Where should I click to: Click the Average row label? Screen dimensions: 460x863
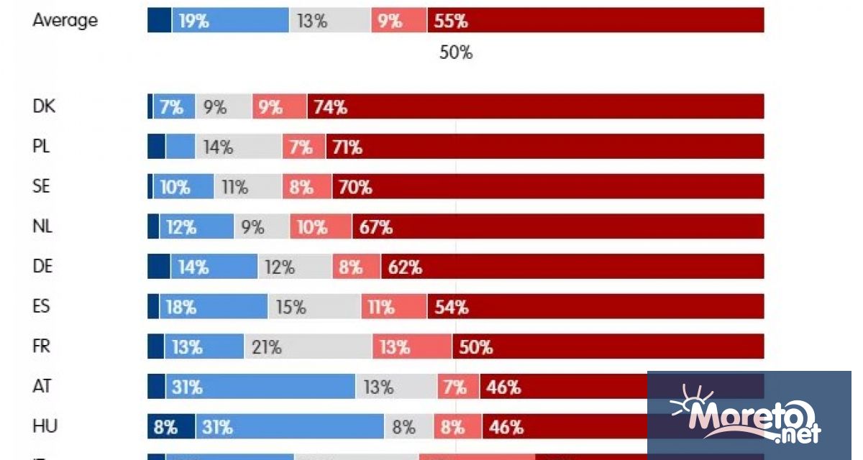[65, 20]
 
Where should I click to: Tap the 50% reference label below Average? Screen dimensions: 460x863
[456, 52]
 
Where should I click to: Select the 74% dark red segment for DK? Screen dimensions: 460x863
[535, 107]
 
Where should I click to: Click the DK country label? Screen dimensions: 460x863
[44, 107]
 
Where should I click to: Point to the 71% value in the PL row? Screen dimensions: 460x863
[346, 147]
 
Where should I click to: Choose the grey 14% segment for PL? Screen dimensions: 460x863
[238, 147]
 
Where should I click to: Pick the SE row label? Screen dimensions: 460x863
[42, 187]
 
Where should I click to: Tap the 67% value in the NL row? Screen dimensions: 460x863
[376, 227]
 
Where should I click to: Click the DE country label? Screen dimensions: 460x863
[43, 267]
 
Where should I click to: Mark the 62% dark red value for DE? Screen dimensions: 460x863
[405, 267]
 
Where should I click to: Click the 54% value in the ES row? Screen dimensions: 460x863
[452, 307]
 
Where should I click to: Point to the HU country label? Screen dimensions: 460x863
[44, 426]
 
